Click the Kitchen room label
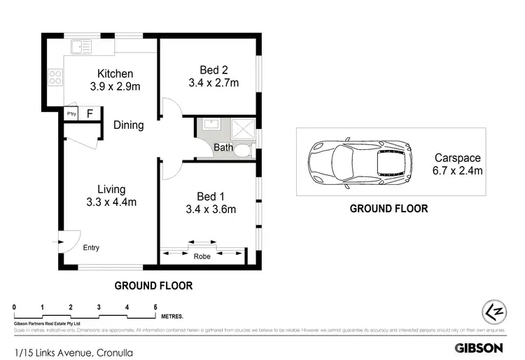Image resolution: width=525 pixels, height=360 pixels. click(115, 74)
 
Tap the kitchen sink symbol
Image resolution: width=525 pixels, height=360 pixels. click(79, 47)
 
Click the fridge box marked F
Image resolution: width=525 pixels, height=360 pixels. click(89, 113)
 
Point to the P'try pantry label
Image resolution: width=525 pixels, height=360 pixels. click(71, 113)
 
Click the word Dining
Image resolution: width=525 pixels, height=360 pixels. click(128, 125)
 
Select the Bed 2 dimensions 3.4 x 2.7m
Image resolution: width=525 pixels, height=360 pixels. click(213, 83)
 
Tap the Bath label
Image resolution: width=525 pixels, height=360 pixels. click(223, 148)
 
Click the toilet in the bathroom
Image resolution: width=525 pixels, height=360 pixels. click(242, 150)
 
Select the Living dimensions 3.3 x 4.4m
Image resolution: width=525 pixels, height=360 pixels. click(111, 202)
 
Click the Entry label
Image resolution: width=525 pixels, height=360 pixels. click(91, 248)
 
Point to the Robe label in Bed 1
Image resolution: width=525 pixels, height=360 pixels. click(202, 256)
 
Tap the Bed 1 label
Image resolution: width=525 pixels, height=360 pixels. click(213, 195)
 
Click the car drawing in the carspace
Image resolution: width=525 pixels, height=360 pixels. click(359, 162)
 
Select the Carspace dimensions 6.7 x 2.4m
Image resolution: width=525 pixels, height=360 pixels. click(458, 170)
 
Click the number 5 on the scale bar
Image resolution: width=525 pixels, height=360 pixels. click(155, 307)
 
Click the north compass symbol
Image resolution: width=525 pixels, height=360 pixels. click(494, 312)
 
